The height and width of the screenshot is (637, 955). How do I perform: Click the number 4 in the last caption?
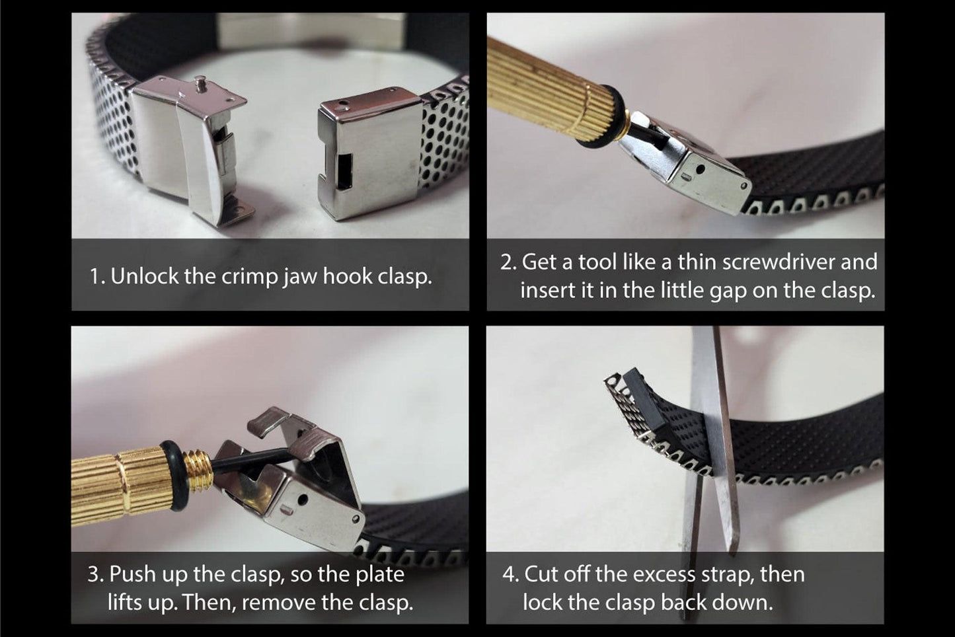[509, 574]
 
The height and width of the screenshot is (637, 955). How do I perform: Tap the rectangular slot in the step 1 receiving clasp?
[344, 171]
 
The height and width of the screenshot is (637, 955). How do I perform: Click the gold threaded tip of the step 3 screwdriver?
[199, 470]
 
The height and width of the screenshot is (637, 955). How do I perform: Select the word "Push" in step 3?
[130, 574]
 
